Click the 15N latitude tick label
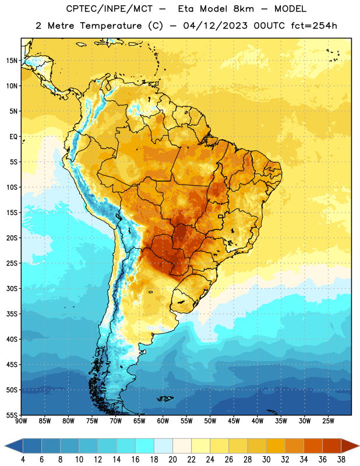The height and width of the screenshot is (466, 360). click(x=12, y=61)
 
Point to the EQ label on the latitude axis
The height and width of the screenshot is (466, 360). click(x=13, y=137)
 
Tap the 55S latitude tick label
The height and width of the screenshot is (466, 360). click(x=12, y=415)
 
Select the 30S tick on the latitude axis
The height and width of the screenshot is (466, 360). click(x=12, y=288)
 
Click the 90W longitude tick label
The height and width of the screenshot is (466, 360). click(x=21, y=421)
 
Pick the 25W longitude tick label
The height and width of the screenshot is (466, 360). click(x=328, y=421)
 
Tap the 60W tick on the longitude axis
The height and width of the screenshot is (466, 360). click(x=163, y=421)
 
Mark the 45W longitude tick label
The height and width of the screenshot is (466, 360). click(x=234, y=421)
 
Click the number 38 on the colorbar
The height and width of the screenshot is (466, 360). click(x=341, y=460)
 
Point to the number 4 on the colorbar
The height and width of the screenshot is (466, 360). click(x=23, y=460)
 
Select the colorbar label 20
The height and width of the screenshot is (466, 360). click(x=172, y=460)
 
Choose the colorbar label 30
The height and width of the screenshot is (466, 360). click(x=266, y=460)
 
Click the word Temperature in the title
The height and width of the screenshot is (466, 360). click(x=111, y=26)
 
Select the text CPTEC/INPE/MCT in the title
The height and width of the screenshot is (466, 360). click(x=109, y=9)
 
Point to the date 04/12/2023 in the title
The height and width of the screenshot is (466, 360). click(x=215, y=26)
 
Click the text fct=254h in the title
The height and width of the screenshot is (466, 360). click(x=314, y=26)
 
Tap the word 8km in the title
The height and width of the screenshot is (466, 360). click(x=243, y=9)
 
